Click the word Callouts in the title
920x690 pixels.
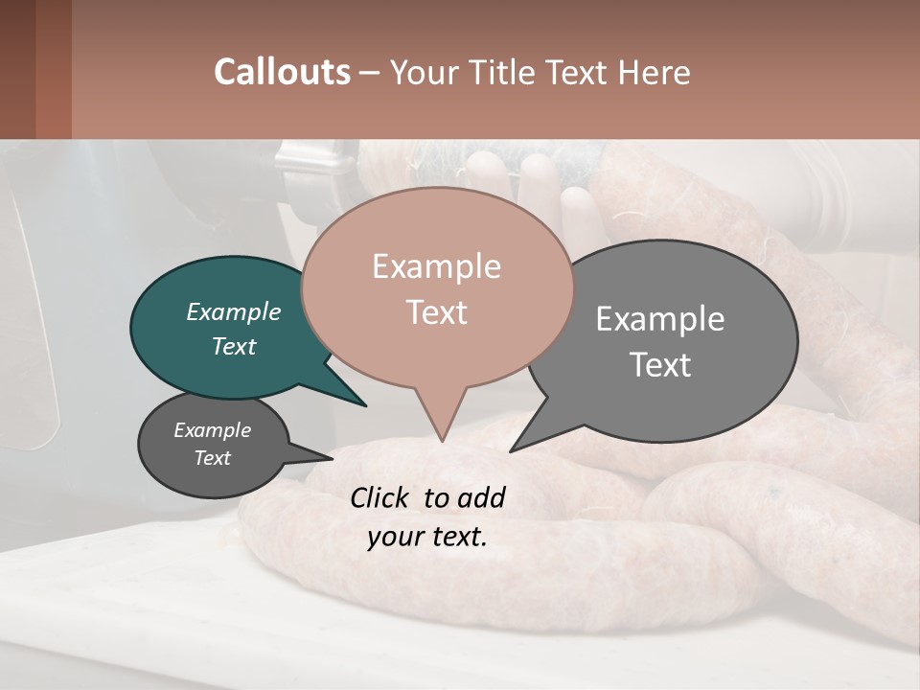[282, 72]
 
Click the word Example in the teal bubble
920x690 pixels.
[233, 311]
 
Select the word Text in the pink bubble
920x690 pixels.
[436, 312]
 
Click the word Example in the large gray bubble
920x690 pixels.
[659, 319]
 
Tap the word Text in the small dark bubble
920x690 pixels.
[212, 458]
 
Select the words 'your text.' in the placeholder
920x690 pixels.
[427, 537]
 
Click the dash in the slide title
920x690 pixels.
[371, 73]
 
